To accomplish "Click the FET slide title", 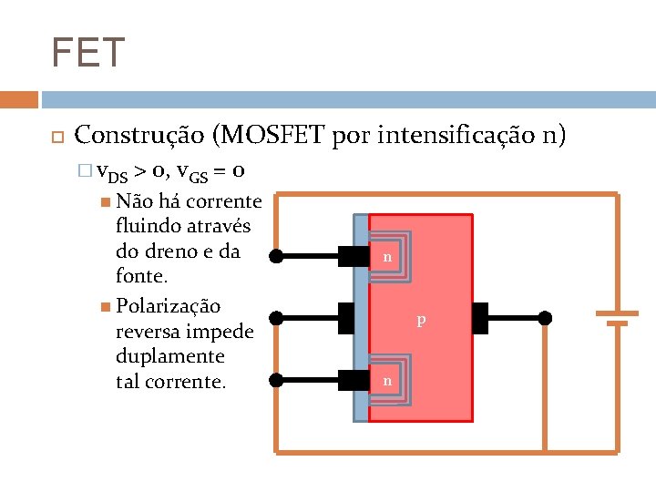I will pos(88,53).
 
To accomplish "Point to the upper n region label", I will pos(387,258).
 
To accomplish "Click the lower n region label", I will pos(387,380).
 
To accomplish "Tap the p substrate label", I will pos(420,320).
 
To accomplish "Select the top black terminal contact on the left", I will pos(352,257).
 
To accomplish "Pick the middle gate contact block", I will pos(346,318).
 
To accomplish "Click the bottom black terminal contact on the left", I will pos(352,379).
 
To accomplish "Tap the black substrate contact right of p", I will pos(481,318).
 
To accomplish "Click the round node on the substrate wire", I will pos(544,318).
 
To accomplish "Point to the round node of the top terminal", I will pos(276,257).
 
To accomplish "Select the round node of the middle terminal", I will pos(276,318).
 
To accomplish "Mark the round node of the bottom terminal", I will pos(276,379).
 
